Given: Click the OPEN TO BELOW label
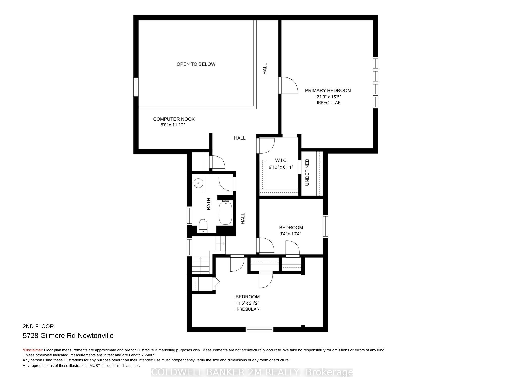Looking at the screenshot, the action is pos(196,64).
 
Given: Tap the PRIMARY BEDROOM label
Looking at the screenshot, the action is pos(328,90).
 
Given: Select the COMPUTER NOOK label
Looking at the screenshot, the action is pos(174,119).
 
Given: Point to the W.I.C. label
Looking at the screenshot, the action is pos(281,160).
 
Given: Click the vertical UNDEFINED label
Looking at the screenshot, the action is pos(307,172).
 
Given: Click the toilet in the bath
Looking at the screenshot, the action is pos(203,226).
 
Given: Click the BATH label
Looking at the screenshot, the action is pos(209,204).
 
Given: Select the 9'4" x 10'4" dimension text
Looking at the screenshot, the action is pos(290,234).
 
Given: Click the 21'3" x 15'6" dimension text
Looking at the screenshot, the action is pos(329,97).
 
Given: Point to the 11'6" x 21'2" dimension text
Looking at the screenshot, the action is pos(247,303).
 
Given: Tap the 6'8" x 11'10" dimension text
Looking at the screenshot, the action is pos(173,125).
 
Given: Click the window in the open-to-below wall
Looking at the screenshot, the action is pos(136,87).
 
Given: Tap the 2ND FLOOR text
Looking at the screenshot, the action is pos(38,326).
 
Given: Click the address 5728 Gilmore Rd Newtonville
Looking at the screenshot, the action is pos(68,336).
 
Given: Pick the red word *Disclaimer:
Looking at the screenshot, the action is pos(33,350).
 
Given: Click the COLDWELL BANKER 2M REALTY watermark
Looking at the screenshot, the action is pos(252,372).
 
